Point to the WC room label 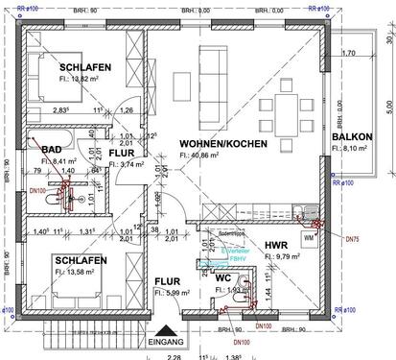click(221, 278)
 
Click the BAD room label click(52, 149)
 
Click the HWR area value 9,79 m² click(281, 256)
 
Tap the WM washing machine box click(309, 234)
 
